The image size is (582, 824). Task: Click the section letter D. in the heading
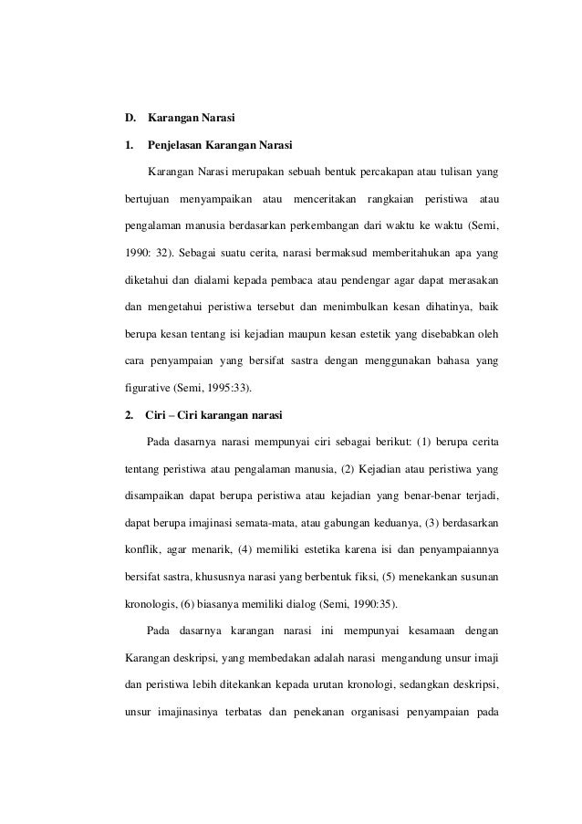[x=130, y=119]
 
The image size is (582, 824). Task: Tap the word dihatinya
[x=441, y=304]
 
